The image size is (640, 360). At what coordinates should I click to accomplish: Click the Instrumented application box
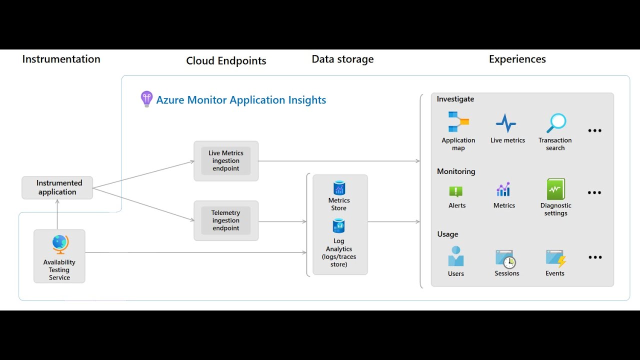pyautogui.click(x=57, y=187)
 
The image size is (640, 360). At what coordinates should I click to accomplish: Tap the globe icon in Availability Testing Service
pyautogui.click(x=60, y=244)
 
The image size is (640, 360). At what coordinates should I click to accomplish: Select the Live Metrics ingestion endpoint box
pyautogui.click(x=226, y=161)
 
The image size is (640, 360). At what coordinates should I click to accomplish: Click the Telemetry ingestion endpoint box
pyautogui.click(x=226, y=220)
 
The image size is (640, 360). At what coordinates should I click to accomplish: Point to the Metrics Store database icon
pyautogui.click(x=339, y=188)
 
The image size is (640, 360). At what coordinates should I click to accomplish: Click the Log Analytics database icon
pyautogui.click(x=339, y=226)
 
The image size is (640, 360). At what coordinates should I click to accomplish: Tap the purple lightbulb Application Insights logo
pyautogui.click(x=146, y=99)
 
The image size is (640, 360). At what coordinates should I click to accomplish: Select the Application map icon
pyautogui.click(x=458, y=122)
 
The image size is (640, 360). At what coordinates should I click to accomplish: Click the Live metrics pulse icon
pyautogui.click(x=506, y=123)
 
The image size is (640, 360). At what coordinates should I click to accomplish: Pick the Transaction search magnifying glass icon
pyautogui.click(x=556, y=122)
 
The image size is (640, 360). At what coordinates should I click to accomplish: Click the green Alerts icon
pyautogui.click(x=456, y=191)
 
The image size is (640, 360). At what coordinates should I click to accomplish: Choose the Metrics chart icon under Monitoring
pyautogui.click(x=503, y=189)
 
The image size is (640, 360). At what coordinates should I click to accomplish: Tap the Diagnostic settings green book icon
pyautogui.click(x=555, y=189)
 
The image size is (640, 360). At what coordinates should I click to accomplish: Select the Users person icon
pyautogui.click(x=456, y=257)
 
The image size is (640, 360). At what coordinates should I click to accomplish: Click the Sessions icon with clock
pyautogui.click(x=505, y=258)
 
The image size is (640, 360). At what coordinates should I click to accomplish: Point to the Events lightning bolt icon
pyautogui.click(x=555, y=258)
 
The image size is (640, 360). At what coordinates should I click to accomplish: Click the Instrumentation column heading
pyautogui.click(x=61, y=59)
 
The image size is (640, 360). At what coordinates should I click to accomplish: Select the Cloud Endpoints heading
pyautogui.click(x=226, y=61)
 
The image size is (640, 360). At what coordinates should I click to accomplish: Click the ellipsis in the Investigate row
pyautogui.click(x=594, y=130)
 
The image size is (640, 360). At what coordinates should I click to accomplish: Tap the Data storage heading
pyautogui.click(x=342, y=59)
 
